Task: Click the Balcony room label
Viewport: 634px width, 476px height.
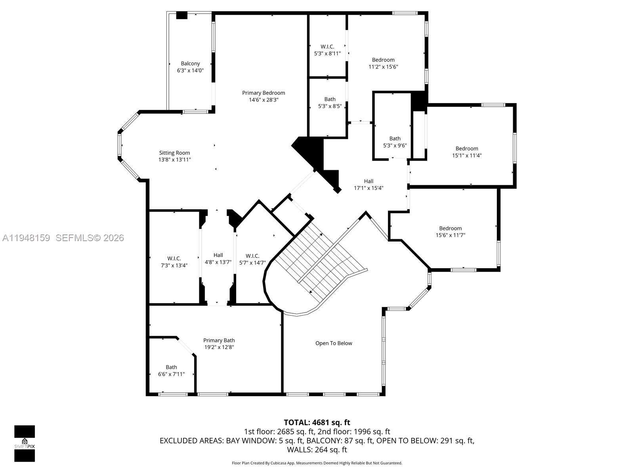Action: click(x=190, y=63)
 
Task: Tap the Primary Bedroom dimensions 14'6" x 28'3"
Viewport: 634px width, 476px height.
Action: click(x=264, y=100)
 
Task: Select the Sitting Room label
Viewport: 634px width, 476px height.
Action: click(x=174, y=153)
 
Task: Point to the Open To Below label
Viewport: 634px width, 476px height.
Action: click(x=334, y=343)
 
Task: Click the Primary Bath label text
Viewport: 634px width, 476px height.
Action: click(x=219, y=340)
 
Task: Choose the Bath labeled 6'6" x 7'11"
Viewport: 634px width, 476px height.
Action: click(x=171, y=370)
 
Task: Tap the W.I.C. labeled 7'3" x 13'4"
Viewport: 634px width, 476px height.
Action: click(x=174, y=262)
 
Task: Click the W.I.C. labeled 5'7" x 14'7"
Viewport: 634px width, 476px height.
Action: click(x=252, y=259)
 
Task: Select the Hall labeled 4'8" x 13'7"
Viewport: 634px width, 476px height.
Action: click(x=218, y=259)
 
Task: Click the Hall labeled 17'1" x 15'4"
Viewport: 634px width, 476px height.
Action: click(x=369, y=184)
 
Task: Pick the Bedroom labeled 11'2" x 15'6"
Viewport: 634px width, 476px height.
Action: click(x=383, y=63)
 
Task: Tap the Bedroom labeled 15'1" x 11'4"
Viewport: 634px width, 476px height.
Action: click(x=467, y=152)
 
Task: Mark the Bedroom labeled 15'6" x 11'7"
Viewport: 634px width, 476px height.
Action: click(x=451, y=232)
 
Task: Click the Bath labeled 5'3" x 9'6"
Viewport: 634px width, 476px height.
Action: click(x=395, y=142)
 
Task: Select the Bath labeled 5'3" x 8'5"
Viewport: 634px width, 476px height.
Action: click(x=330, y=103)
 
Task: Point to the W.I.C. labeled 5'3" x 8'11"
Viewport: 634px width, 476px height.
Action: click(x=327, y=50)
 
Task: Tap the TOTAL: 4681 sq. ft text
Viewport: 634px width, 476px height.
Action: click(x=317, y=422)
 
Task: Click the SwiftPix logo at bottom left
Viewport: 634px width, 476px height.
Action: click(x=25, y=443)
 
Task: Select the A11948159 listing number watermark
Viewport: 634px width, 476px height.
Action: click(x=26, y=238)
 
